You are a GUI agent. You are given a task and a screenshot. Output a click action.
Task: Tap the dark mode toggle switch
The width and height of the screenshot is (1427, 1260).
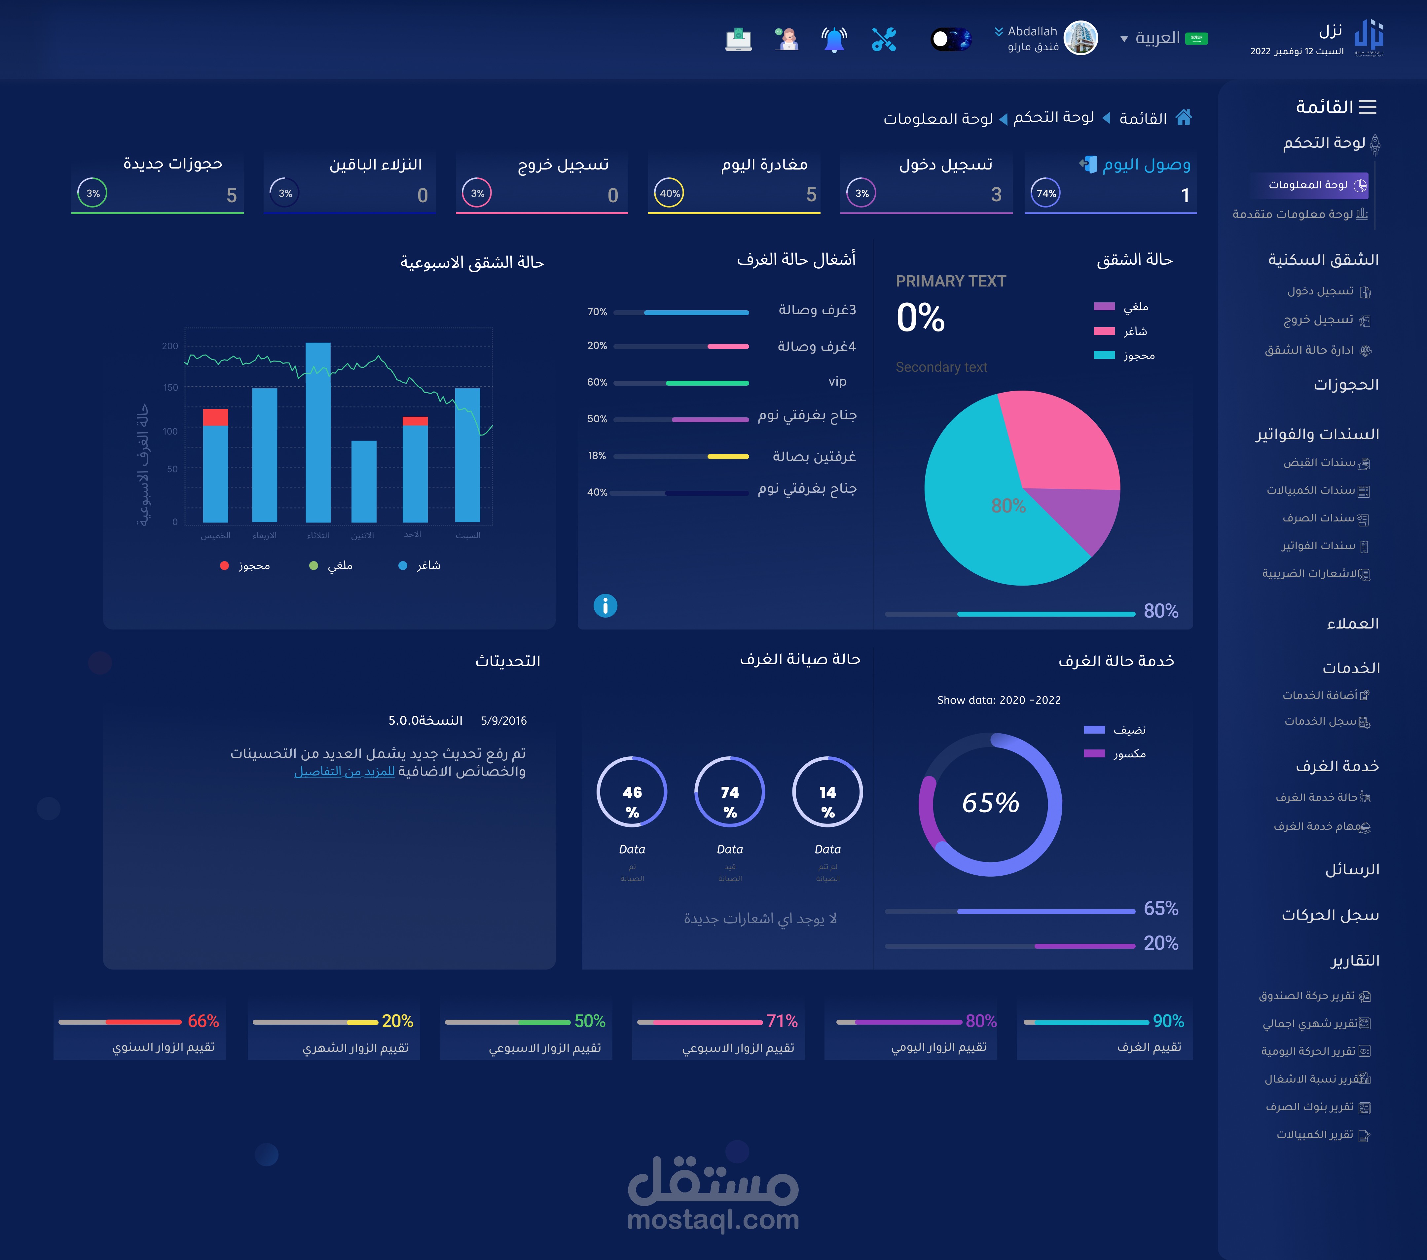point(950,39)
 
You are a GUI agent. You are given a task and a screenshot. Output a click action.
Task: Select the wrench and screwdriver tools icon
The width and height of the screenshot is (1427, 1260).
point(884,39)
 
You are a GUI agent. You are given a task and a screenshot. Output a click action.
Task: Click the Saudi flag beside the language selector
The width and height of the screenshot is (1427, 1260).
point(1197,38)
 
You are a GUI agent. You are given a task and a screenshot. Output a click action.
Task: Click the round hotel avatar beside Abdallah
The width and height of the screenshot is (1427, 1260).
point(1081,38)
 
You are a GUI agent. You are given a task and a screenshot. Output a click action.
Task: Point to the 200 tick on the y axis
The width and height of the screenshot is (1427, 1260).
point(170,346)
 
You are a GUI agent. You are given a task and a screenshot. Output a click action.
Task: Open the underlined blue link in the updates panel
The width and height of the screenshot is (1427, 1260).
point(344,771)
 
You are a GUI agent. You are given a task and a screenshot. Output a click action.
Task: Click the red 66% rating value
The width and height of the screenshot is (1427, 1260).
point(203,1021)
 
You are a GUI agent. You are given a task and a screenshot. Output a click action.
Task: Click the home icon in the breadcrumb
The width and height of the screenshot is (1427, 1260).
point(1183,117)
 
